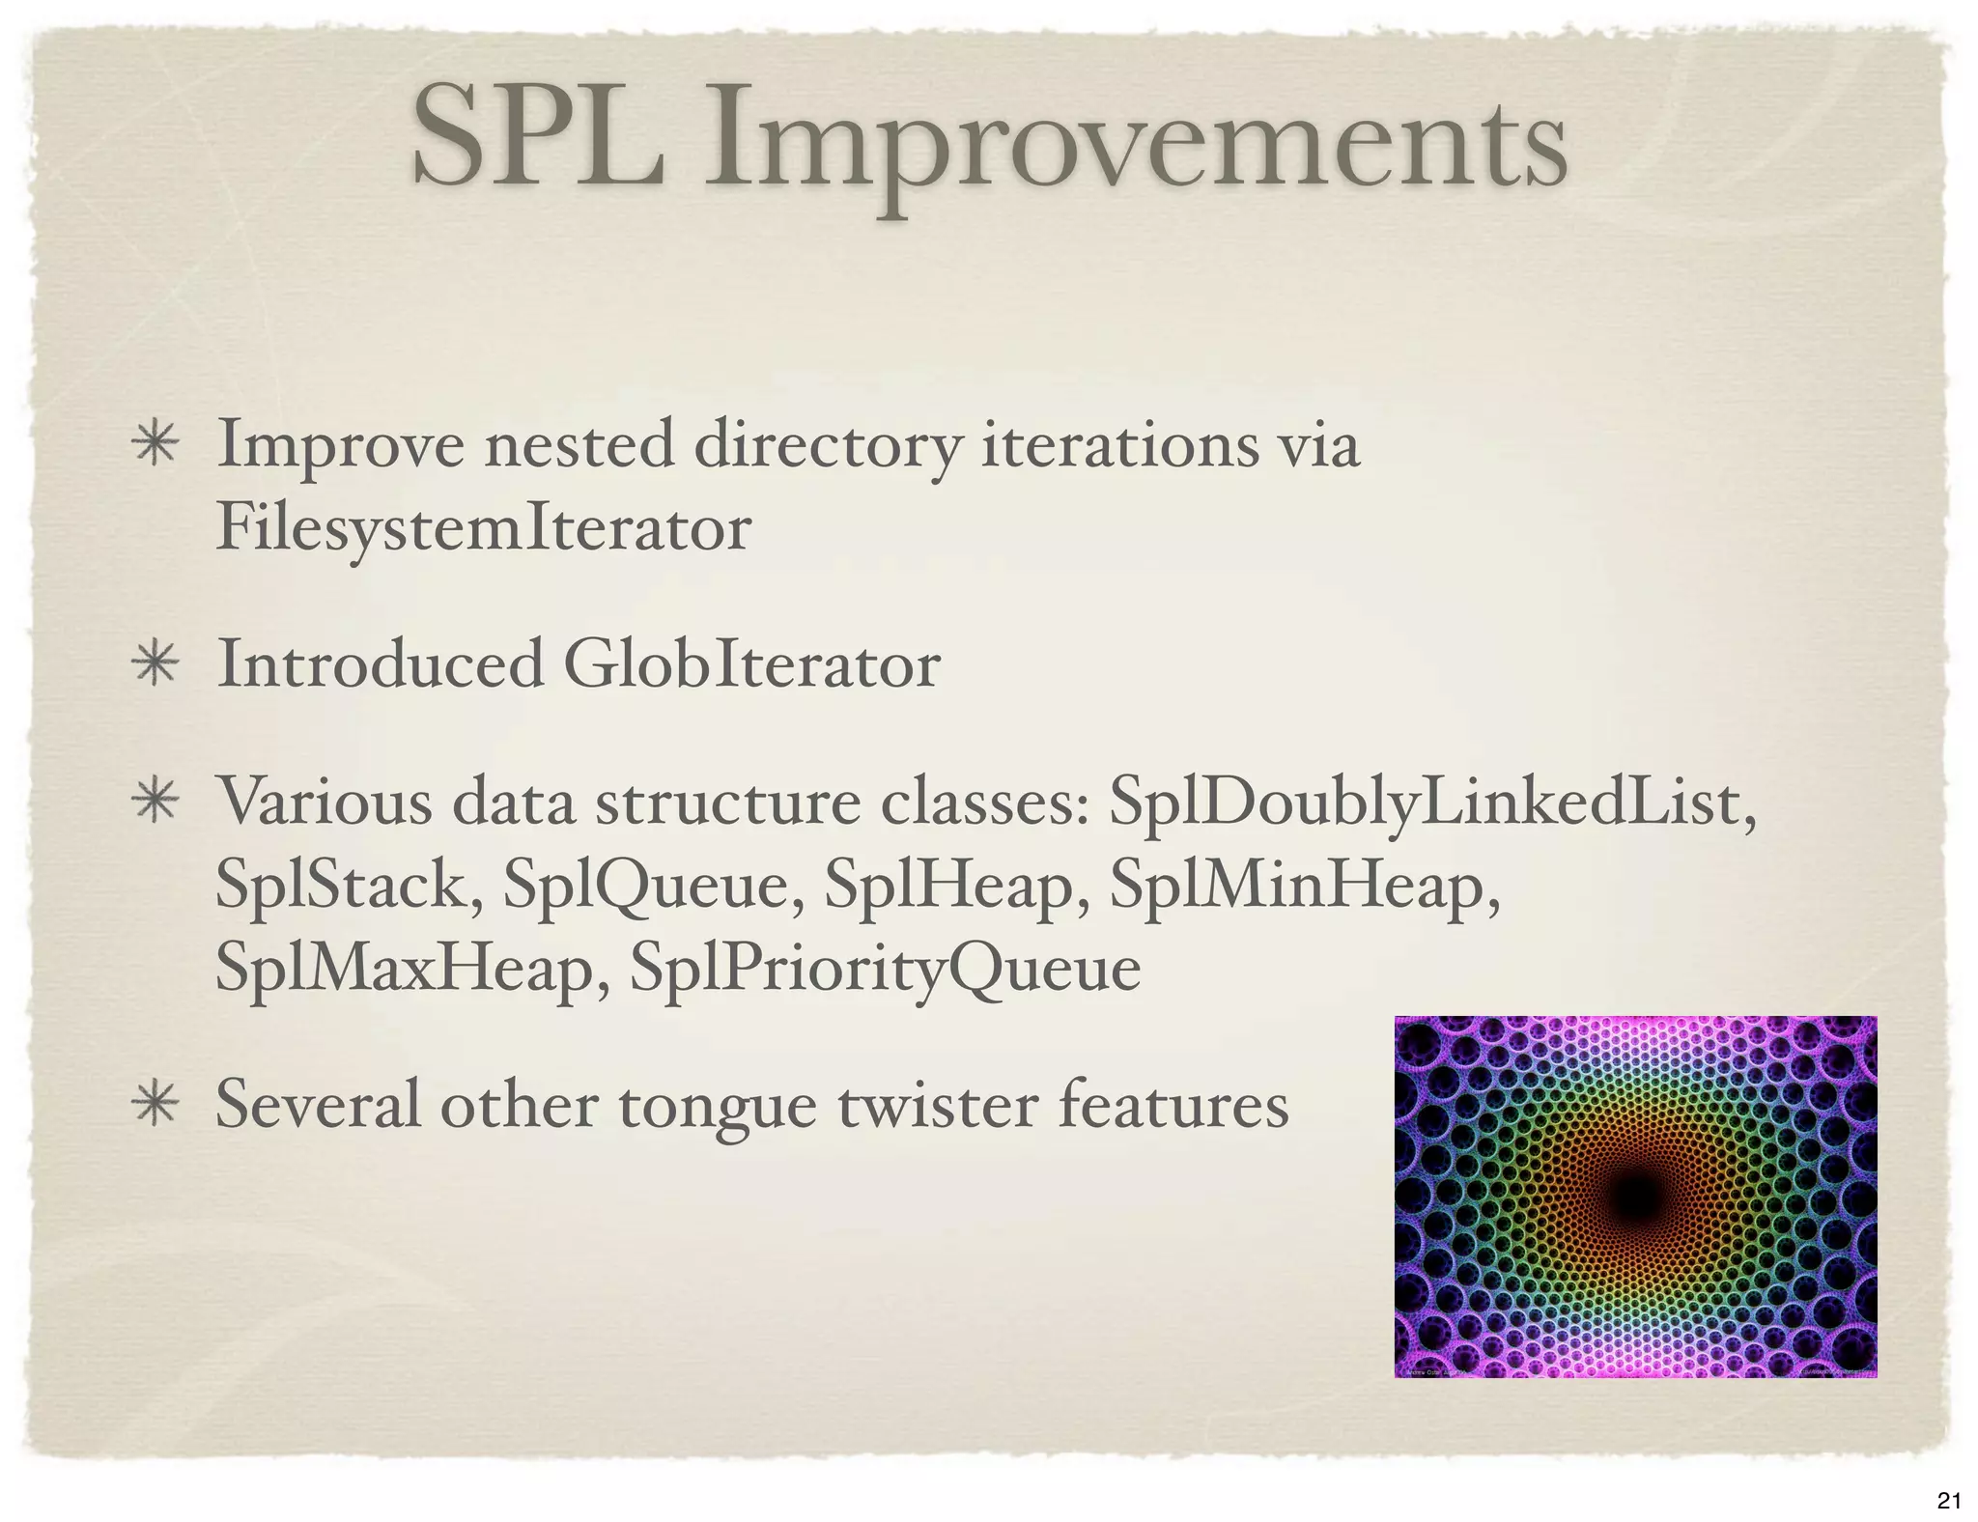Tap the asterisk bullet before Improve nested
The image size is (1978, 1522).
[x=155, y=447]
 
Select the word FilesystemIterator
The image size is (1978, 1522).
[x=484, y=528]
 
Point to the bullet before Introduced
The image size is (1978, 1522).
[x=155, y=666]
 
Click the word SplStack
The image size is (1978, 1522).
[x=349, y=886]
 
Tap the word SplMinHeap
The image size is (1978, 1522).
[x=1304, y=886]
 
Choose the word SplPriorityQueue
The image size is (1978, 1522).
[x=885, y=969]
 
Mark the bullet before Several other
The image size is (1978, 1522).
[x=155, y=1107]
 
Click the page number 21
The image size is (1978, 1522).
[x=1948, y=1500]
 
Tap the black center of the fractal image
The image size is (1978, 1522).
[x=1635, y=1198]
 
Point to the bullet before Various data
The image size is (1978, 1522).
[x=155, y=803]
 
